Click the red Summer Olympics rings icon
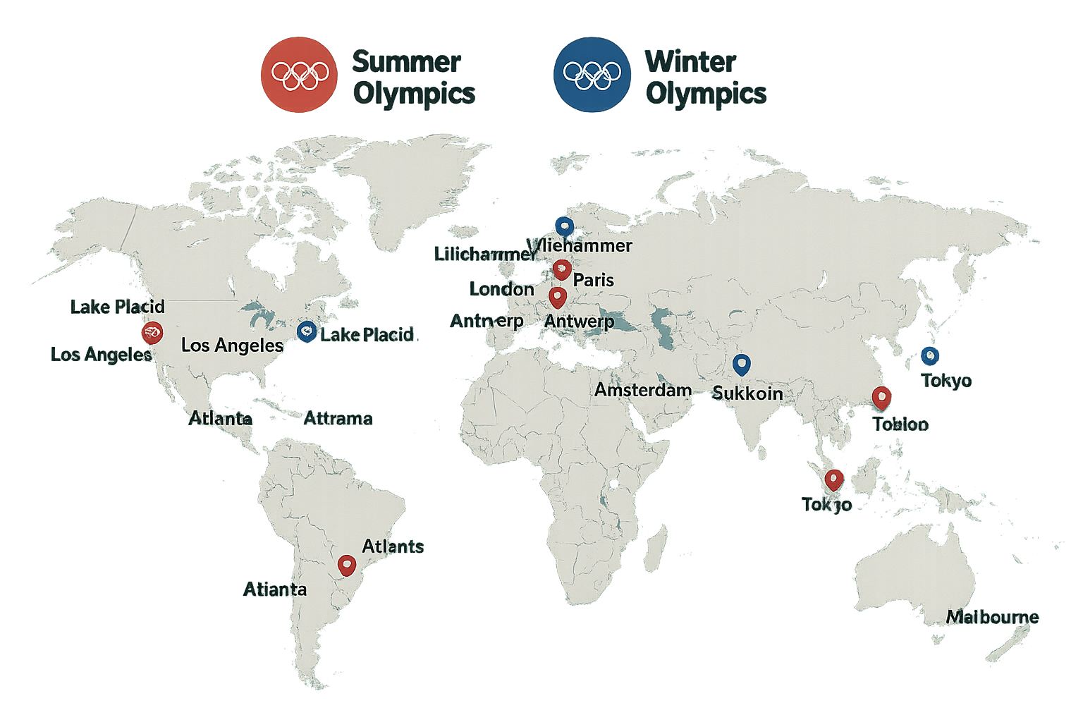click(299, 75)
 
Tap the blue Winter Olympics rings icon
click(592, 75)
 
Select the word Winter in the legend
click(690, 62)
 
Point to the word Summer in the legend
click(406, 62)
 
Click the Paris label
click(593, 280)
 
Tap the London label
click(501, 289)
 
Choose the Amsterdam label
click(642, 390)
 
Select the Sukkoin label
click(747, 393)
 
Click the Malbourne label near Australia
click(992, 617)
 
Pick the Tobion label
click(900, 424)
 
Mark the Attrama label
click(338, 419)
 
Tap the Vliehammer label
click(584, 245)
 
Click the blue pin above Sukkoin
click(741, 365)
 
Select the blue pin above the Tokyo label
click(930, 355)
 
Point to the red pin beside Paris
click(561, 269)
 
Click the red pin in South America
click(346, 565)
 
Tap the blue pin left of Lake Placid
click(306, 331)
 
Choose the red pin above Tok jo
click(834, 479)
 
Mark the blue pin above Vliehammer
click(564, 226)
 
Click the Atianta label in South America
click(275, 589)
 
